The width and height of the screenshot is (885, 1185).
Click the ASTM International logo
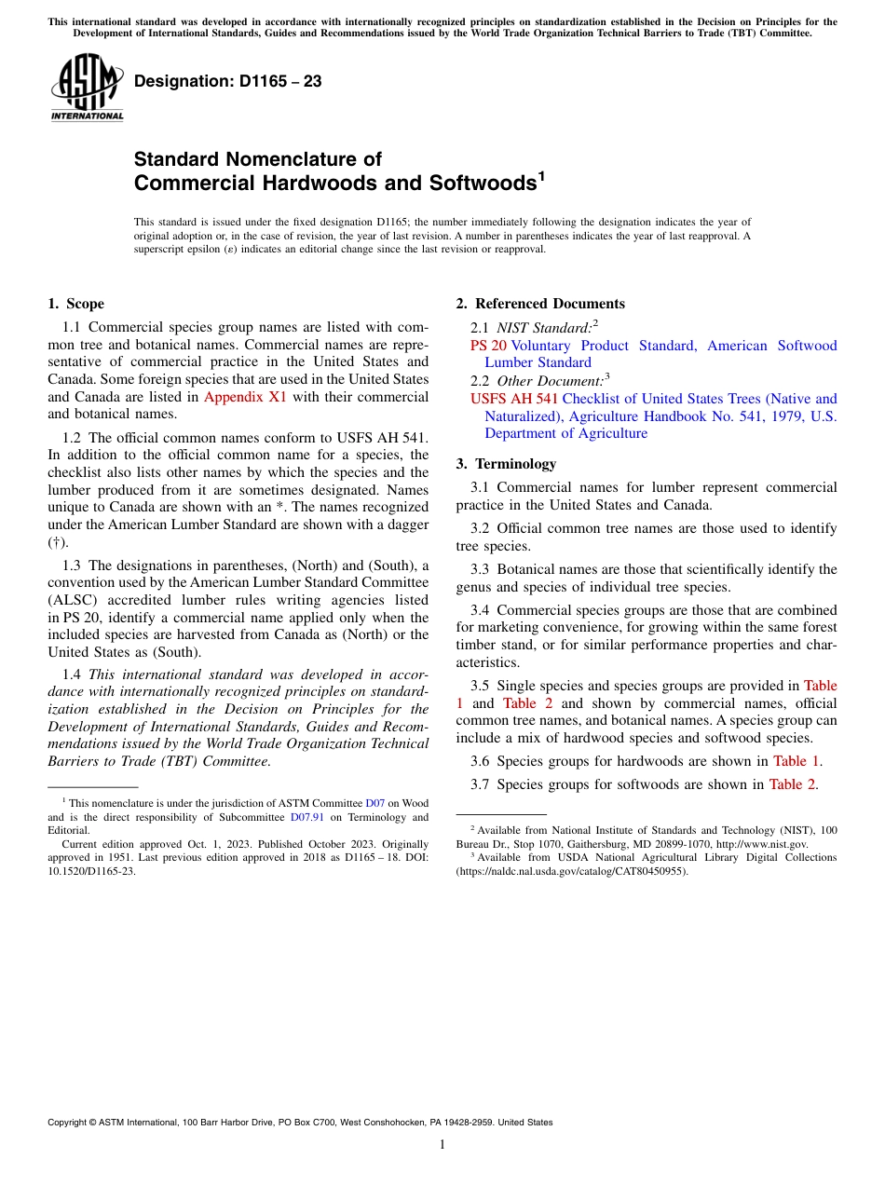click(x=87, y=88)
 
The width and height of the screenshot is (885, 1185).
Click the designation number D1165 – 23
click(x=228, y=82)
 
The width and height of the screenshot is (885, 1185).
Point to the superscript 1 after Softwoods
click(x=540, y=175)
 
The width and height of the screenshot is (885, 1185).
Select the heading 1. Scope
click(x=76, y=304)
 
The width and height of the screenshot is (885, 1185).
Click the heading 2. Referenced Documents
click(x=540, y=304)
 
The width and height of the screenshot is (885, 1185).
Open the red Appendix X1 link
click(x=245, y=396)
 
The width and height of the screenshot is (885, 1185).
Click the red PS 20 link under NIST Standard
click(x=488, y=346)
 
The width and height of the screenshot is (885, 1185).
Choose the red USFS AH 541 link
click(x=514, y=399)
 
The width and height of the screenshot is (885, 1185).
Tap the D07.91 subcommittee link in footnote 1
click(x=306, y=817)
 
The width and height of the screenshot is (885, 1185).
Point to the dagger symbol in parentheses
click(x=58, y=542)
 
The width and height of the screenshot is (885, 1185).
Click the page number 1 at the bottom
click(x=442, y=1145)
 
